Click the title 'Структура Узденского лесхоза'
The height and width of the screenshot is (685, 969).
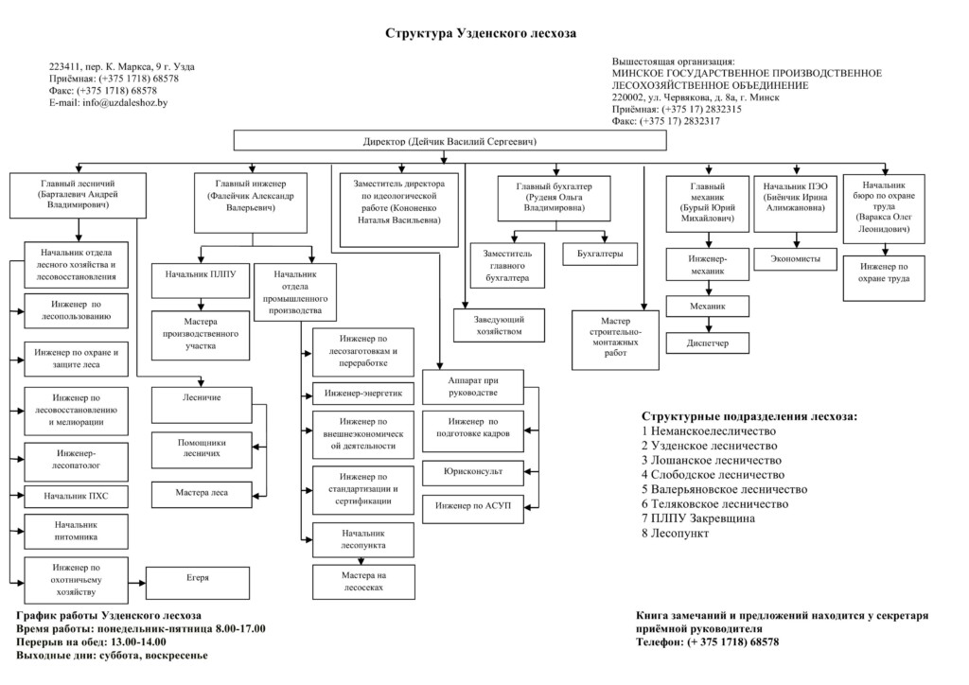pyautogui.click(x=480, y=33)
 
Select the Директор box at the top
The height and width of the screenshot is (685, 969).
pyautogui.click(x=449, y=141)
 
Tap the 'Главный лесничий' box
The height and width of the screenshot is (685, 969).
pyautogui.click(x=78, y=195)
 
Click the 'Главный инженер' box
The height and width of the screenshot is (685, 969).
pyautogui.click(x=251, y=202)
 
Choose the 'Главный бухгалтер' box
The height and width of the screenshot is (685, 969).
pyautogui.click(x=555, y=199)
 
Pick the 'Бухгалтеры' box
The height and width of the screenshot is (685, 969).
pyautogui.click(x=600, y=254)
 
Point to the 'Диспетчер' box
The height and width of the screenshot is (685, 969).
pyautogui.click(x=708, y=342)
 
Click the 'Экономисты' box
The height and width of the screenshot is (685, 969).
pyautogui.click(x=795, y=259)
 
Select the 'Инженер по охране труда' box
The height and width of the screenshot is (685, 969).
pyautogui.click(x=885, y=278)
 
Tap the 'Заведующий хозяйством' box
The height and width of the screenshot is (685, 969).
pyautogui.click(x=500, y=325)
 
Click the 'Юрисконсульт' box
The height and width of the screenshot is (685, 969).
pyautogui.click(x=473, y=472)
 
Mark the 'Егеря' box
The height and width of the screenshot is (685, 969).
pyautogui.click(x=198, y=583)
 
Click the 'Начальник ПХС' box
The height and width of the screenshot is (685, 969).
pyautogui.click(x=76, y=496)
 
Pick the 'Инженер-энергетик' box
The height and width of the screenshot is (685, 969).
pyautogui.click(x=363, y=394)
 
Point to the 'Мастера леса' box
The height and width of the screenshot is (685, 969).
pyautogui.click(x=202, y=495)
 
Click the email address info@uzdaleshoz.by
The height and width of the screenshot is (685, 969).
pyautogui.click(x=126, y=102)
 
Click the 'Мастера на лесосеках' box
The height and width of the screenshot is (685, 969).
pyautogui.click(x=363, y=582)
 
